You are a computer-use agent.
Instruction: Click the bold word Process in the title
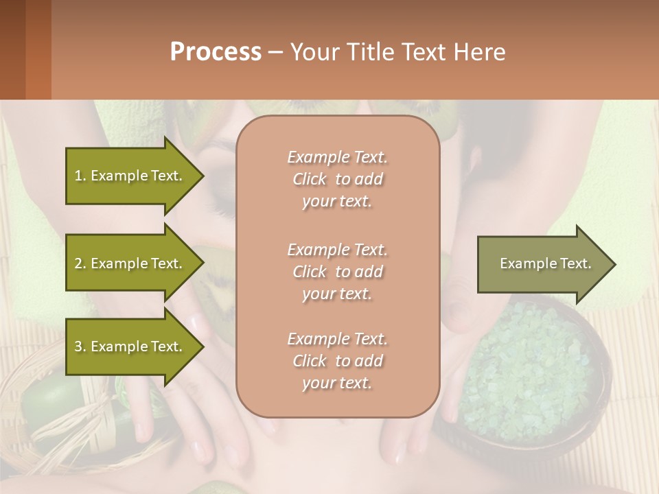coord(216,52)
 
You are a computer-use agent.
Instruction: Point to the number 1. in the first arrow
coord(80,176)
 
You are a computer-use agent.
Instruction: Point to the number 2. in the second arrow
coord(80,263)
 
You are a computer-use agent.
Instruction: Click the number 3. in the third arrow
coord(80,346)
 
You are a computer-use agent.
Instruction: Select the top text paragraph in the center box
coord(337,179)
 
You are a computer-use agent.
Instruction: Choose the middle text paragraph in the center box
coord(337,272)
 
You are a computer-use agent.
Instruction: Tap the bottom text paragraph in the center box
coord(337,361)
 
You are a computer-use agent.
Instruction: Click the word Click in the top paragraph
coord(310,179)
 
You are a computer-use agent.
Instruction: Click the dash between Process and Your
coord(275,52)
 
